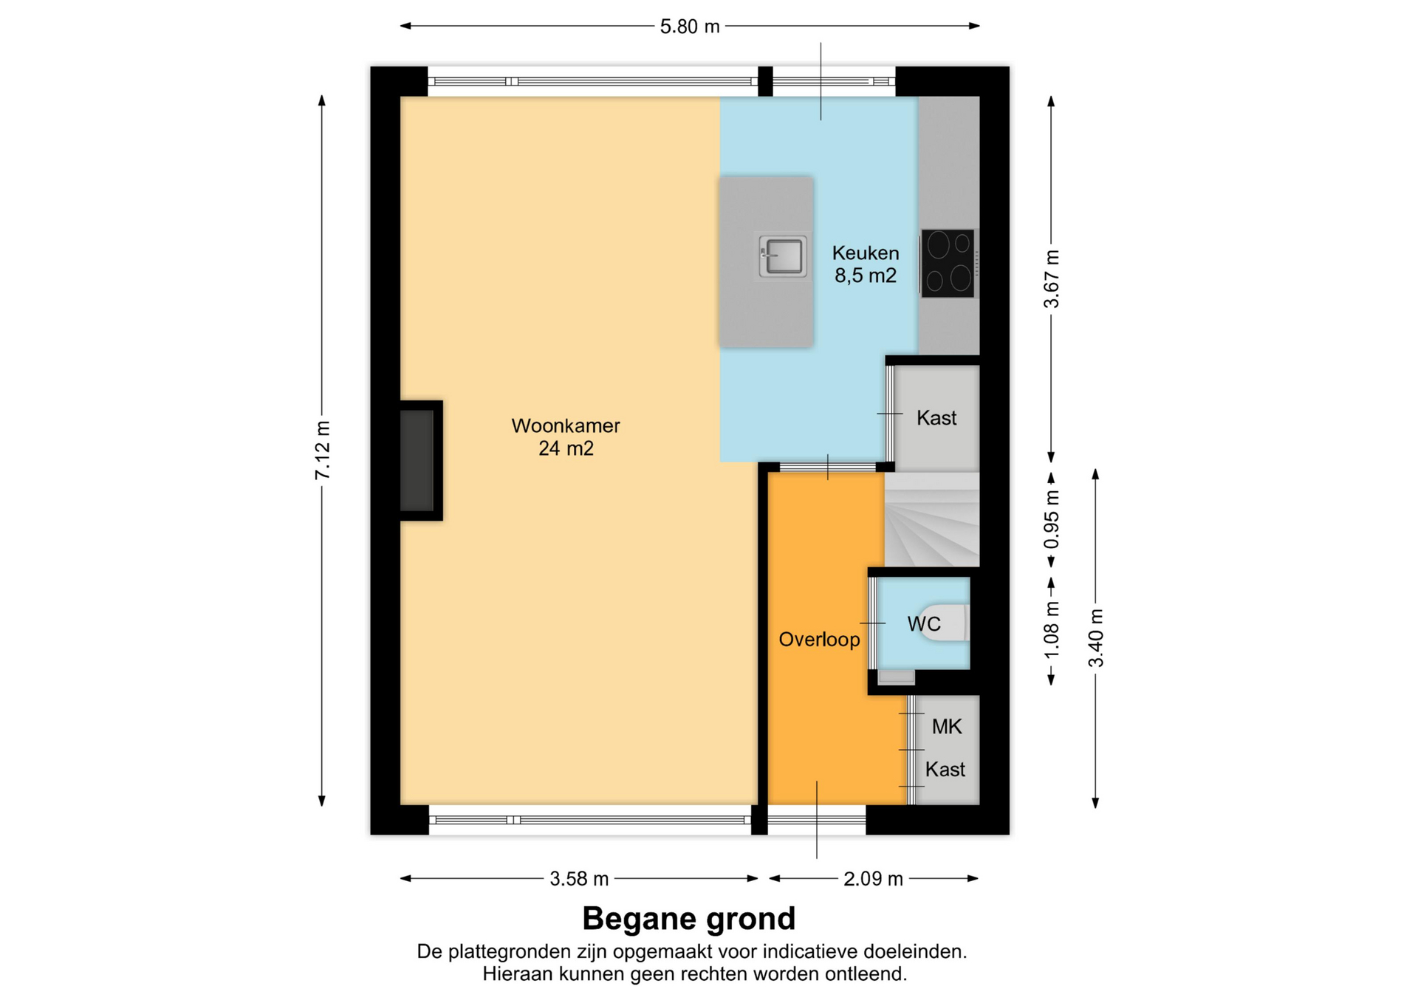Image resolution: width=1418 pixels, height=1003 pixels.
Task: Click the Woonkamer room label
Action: tap(566, 426)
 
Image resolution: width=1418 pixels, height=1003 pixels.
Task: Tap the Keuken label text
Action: tap(866, 253)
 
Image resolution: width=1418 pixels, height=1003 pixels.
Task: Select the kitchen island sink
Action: tap(782, 256)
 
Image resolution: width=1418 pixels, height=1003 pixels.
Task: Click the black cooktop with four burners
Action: tap(948, 264)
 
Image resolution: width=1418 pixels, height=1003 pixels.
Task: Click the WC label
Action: tap(924, 624)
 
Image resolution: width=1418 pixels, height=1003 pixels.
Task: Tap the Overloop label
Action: tap(819, 640)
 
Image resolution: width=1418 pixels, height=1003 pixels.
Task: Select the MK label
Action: tap(947, 727)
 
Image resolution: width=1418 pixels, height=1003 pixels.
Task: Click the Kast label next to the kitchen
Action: tap(936, 418)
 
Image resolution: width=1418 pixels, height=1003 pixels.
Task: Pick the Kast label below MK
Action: tap(945, 770)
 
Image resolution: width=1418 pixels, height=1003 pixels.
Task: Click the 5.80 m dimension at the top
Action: tap(690, 27)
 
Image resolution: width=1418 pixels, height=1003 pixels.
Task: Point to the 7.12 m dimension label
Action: tap(323, 450)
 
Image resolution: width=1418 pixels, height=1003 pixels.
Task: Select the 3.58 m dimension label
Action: tap(579, 879)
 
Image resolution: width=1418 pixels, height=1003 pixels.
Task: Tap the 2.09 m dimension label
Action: tap(873, 879)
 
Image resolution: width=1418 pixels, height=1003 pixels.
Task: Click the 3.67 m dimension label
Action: tap(1052, 279)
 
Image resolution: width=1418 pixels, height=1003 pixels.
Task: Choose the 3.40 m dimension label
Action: tap(1096, 638)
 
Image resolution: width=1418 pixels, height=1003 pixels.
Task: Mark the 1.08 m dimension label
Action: tap(1052, 630)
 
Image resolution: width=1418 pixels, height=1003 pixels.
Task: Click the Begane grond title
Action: tap(689, 919)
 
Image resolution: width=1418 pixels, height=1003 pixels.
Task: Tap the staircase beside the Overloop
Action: tap(932, 520)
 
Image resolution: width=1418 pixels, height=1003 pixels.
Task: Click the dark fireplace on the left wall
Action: tap(417, 461)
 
